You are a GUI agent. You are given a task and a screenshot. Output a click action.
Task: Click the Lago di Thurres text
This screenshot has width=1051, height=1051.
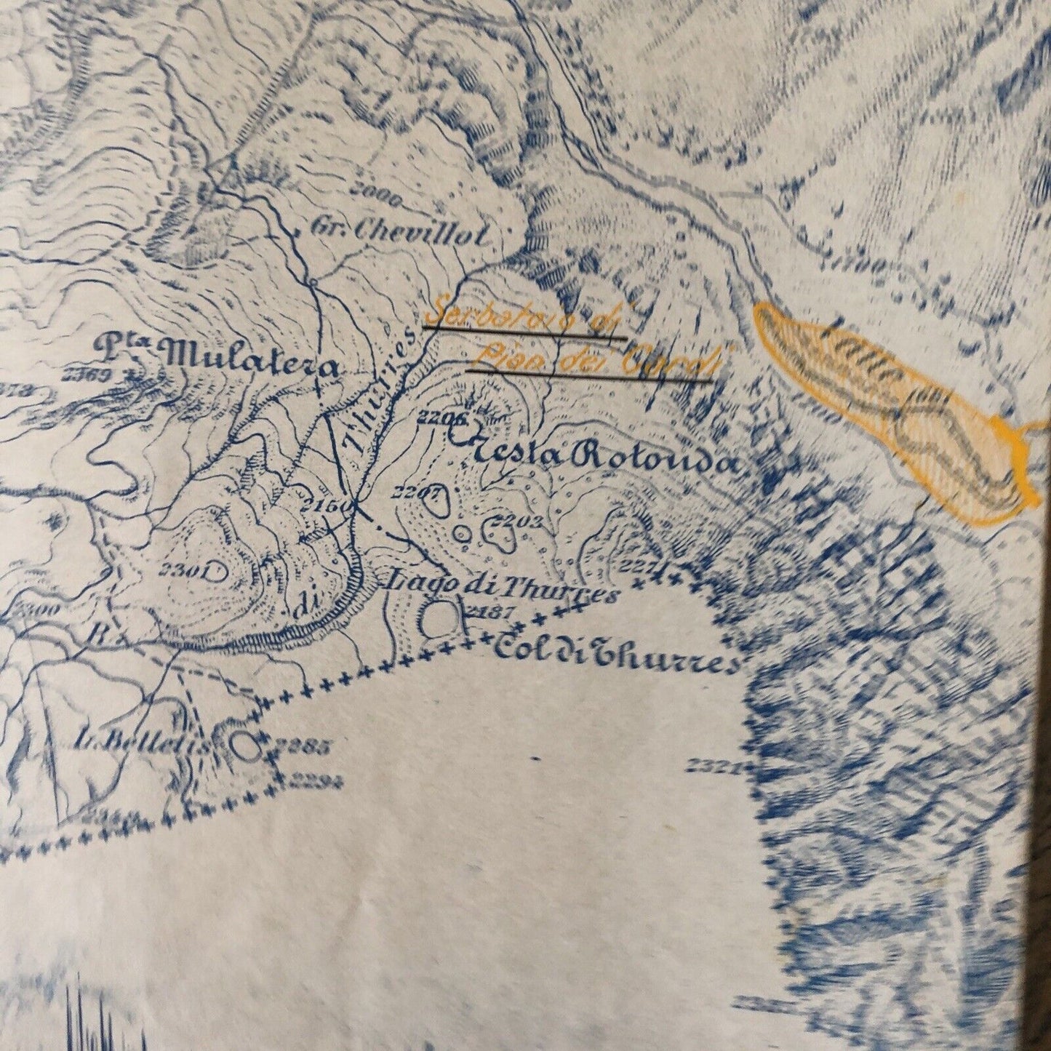[500, 588]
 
